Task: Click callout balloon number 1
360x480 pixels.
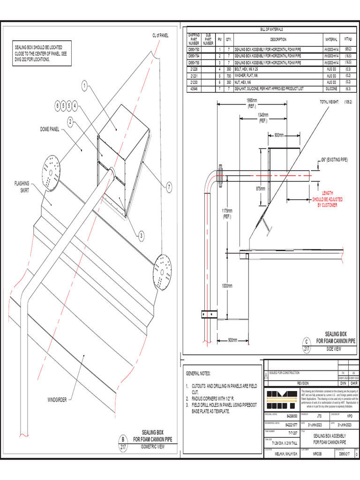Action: pos(84,86)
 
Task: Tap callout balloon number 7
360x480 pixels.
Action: pos(169,187)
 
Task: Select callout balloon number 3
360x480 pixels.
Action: pos(141,235)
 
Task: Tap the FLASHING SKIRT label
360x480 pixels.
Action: pos(21,187)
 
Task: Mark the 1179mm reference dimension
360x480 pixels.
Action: pos(227,214)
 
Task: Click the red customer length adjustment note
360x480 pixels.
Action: pos(327,199)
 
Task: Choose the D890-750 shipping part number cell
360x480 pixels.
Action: pos(194,49)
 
